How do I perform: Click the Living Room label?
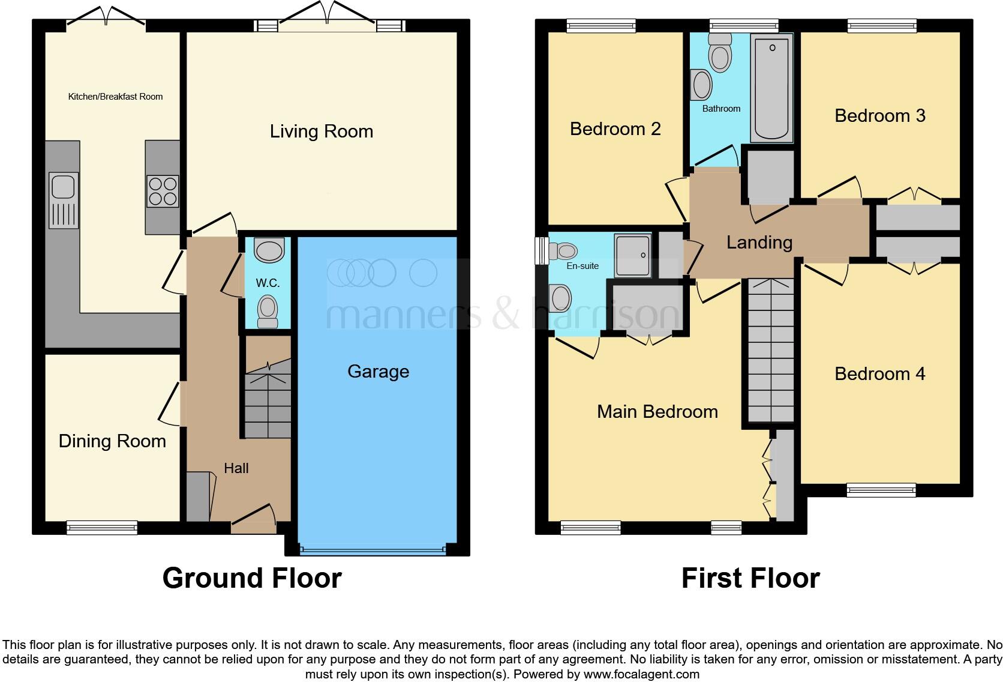[x=321, y=131]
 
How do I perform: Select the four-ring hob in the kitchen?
[x=163, y=190]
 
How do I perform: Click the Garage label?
[x=378, y=372]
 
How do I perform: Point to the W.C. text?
[x=268, y=283]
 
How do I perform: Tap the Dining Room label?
[x=112, y=441]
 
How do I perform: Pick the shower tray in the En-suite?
[x=632, y=256]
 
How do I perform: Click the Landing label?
[x=759, y=243]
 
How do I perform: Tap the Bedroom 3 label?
[x=879, y=115]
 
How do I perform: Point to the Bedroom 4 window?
[x=881, y=490]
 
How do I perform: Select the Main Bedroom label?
[x=657, y=412]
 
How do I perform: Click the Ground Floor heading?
[x=252, y=578]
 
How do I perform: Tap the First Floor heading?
[x=750, y=578]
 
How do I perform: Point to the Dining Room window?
[x=102, y=528]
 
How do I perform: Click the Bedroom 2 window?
[x=600, y=25]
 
